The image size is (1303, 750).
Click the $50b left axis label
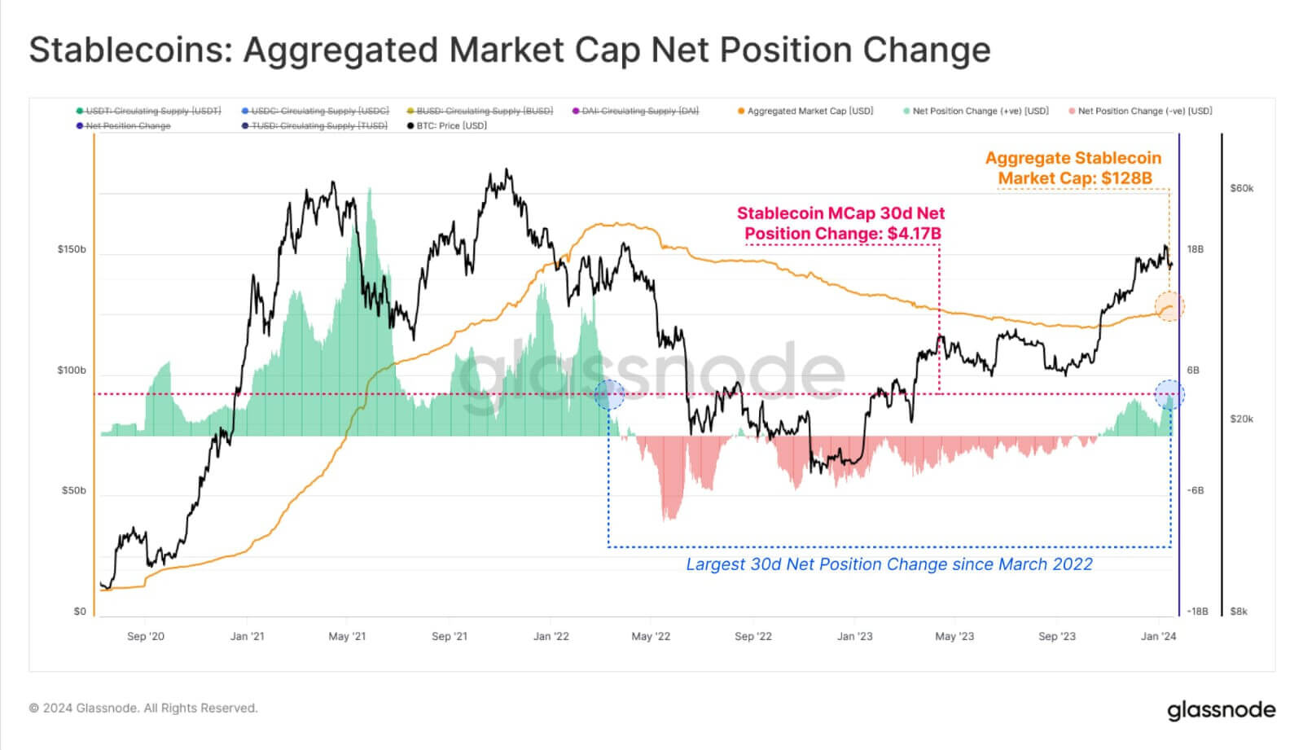(73, 491)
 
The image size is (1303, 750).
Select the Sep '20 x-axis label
(145, 636)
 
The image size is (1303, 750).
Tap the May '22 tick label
(651, 636)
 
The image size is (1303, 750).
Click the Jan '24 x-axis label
(1158, 636)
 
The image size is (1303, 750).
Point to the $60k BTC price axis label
(1241, 188)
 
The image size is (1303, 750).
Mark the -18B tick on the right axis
(1197, 612)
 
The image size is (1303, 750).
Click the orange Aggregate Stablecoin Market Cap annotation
(1073, 168)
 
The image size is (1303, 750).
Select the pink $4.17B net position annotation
(841, 223)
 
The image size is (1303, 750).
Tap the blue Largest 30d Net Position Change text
(888, 564)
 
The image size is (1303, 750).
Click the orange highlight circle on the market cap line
(1169, 307)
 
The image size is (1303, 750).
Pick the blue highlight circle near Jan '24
(1169, 395)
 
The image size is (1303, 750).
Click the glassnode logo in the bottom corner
(1221, 709)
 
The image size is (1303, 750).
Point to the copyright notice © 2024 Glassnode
(143, 708)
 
